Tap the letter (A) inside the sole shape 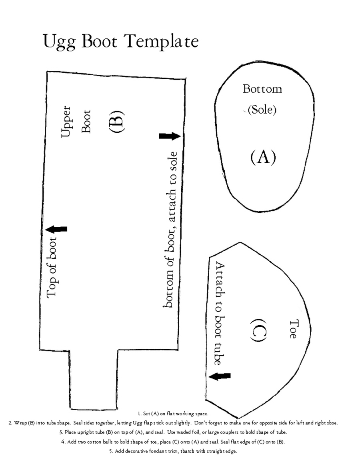[263, 157]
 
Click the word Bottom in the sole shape [262, 89]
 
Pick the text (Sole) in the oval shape [262, 110]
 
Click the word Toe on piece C [293, 328]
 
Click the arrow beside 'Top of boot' [56, 229]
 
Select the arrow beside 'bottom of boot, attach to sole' [170, 136]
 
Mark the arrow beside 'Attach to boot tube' [220, 376]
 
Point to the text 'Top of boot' [53, 267]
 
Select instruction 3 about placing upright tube [173, 432]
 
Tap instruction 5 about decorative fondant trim [173, 451]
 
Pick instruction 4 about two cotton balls [173, 442]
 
